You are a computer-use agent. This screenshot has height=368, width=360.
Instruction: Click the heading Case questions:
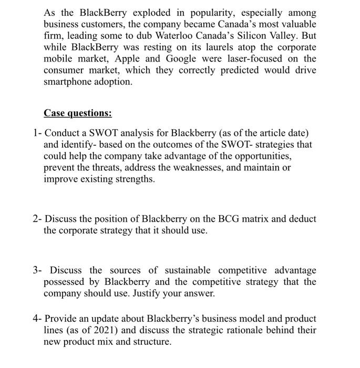click(78, 113)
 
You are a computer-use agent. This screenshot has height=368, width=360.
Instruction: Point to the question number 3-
click(37, 270)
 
